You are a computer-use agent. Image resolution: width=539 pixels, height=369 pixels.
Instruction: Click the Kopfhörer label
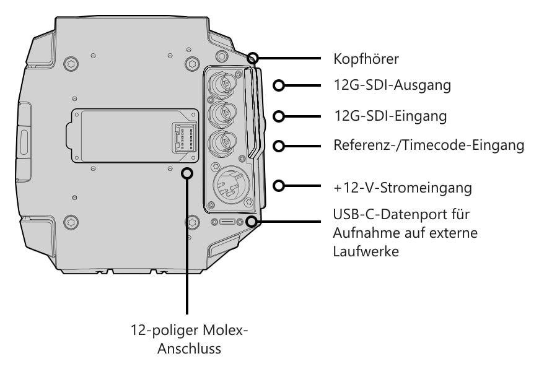[366, 59]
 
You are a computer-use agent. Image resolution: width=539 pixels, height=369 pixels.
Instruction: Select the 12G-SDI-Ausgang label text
[392, 85]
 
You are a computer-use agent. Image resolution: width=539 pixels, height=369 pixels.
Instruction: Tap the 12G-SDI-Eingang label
[390, 116]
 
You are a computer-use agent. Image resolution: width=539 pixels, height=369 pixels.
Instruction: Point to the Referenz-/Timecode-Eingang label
[429, 145]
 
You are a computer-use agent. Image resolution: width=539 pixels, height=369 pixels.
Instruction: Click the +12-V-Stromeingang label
[402, 188]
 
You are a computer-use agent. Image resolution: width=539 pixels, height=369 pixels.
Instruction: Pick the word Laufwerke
[366, 251]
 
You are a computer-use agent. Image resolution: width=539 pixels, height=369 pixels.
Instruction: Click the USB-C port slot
[227, 222]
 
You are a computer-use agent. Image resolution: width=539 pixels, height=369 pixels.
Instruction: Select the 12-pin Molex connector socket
[184, 137]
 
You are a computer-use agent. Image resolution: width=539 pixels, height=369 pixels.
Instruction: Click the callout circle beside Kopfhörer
[253, 58]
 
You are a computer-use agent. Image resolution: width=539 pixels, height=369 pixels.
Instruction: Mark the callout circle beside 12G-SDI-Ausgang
[279, 85]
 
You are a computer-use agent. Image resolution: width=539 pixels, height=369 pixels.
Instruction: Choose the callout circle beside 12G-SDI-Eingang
[279, 116]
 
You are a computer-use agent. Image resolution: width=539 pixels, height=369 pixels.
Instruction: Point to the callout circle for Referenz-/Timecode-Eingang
[279, 146]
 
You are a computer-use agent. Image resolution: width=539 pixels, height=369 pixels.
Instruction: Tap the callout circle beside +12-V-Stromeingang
[279, 186]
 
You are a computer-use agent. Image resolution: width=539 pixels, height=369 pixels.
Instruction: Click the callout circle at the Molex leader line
[187, 173]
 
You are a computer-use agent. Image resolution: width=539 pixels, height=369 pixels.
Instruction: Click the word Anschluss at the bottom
[189, 349]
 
